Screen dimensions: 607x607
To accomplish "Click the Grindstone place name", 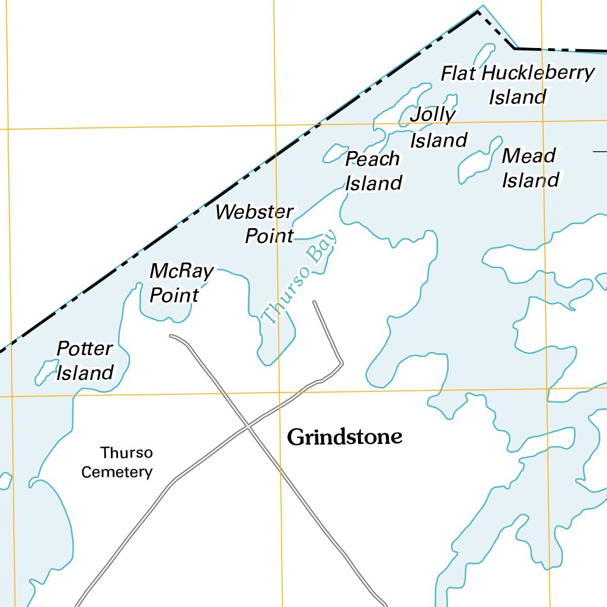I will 344,437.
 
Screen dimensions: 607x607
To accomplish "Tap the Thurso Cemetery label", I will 118,462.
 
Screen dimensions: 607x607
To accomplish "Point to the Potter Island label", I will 85,360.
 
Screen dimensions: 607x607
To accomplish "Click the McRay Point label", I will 180,283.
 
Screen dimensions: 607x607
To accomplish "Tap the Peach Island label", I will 373,171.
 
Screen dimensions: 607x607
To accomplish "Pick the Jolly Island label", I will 437,127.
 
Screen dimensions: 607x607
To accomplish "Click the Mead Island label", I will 529,168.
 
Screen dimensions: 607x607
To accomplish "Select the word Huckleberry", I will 538,73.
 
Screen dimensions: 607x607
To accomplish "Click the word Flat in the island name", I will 458,74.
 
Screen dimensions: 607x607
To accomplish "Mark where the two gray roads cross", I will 248,427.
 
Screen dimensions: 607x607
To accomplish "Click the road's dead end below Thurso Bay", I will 314,302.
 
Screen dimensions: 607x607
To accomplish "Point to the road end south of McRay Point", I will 171,336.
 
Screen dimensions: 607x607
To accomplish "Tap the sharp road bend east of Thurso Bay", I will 342,362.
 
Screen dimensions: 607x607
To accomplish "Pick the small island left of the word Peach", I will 335,153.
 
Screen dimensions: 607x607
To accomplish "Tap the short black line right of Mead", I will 600,152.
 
